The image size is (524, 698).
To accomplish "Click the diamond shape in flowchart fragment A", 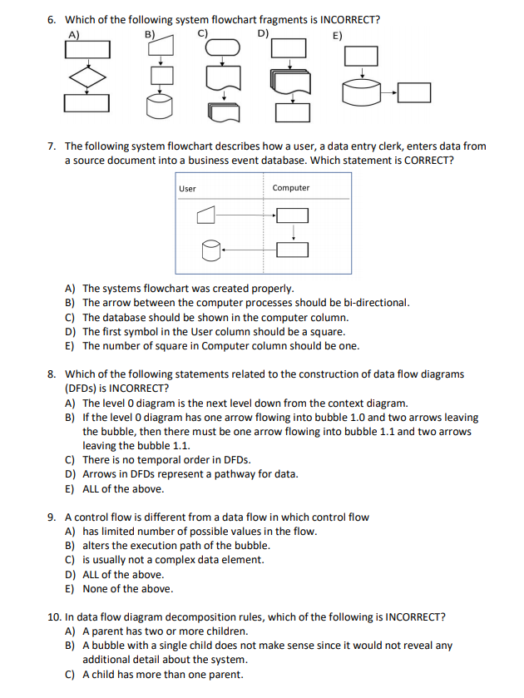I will tap(87, 77).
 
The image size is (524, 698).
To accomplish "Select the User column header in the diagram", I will tap(188, 189).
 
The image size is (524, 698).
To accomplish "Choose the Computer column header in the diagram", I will tap(290, 188).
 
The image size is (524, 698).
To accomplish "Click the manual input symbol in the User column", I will tap(207, 216).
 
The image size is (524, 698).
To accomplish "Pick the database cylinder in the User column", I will tap(210, 249).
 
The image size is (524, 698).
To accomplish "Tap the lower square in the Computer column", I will tap(292, 249).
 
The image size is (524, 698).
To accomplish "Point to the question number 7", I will tap(52, 146).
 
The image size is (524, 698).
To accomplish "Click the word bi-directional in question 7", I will tap(379, 303).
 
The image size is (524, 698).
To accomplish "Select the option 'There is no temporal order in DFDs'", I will tap(166, 460).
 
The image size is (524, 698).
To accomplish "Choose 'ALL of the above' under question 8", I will tap(122, 488).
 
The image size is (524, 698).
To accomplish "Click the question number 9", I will tap(52, 517).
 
